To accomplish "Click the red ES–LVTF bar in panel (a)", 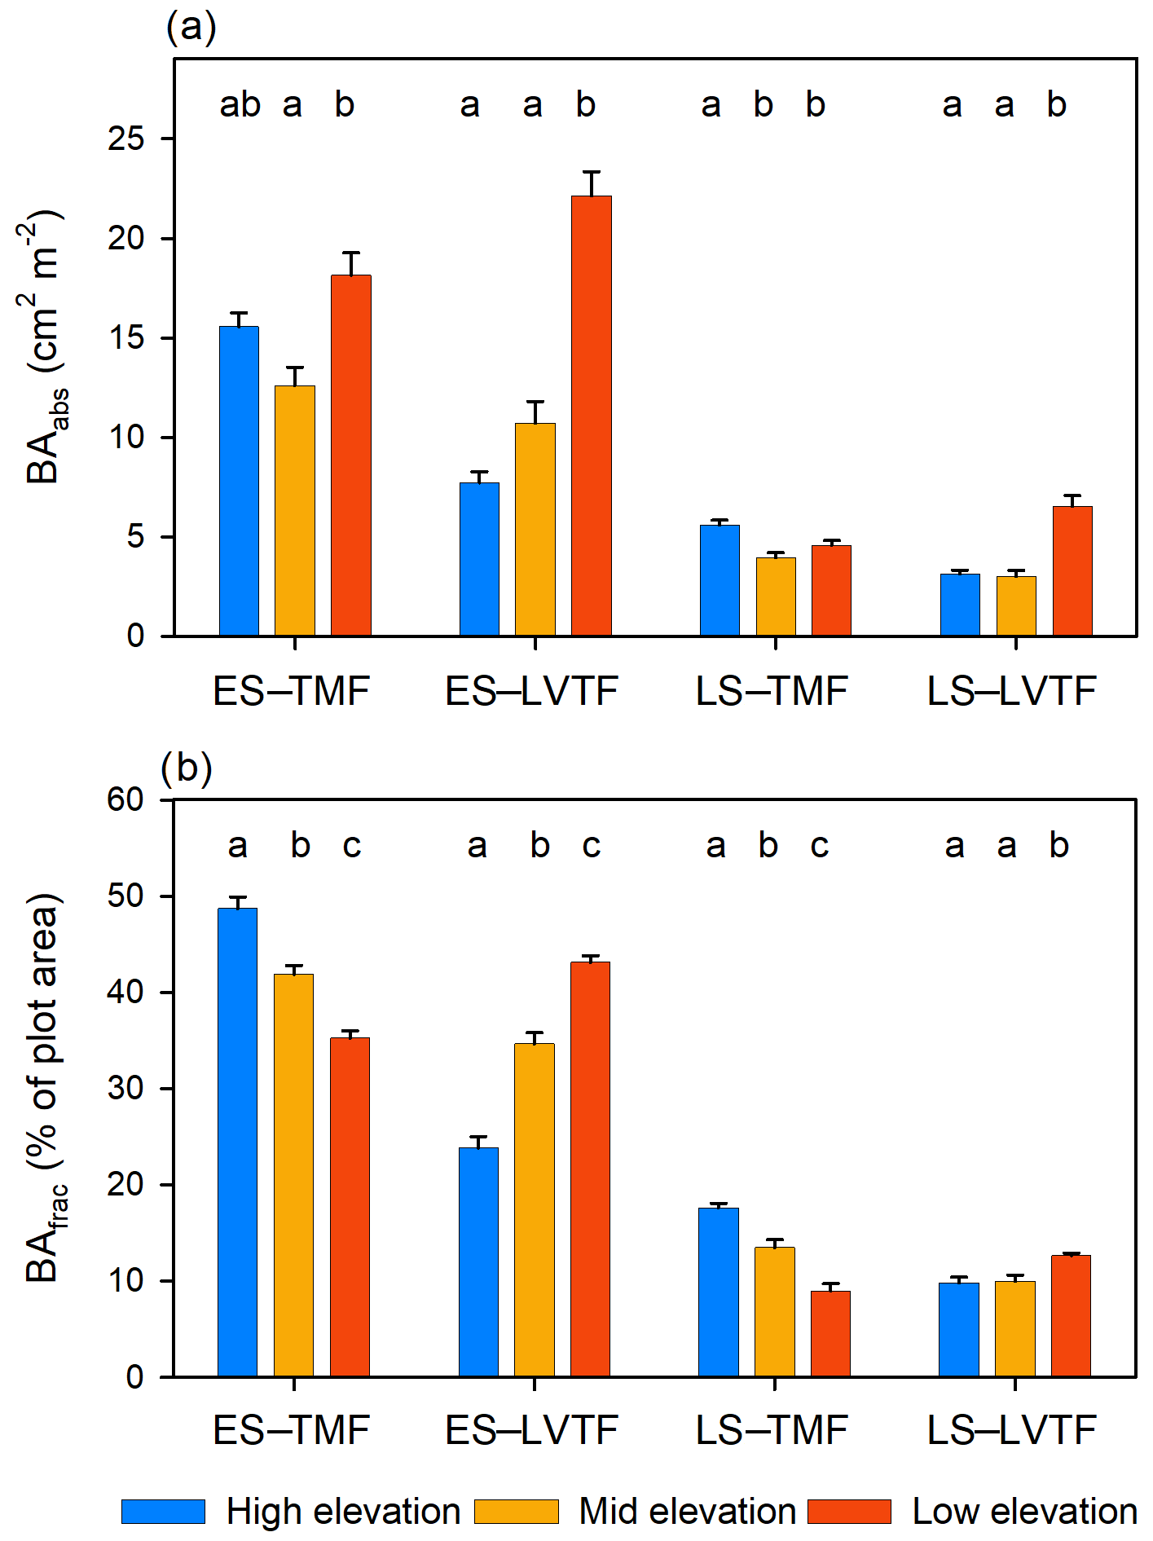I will (591, 416).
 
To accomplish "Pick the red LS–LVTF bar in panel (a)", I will (1072, 570).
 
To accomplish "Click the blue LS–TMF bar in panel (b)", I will (719, 1292).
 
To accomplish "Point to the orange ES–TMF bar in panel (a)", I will (295, 510).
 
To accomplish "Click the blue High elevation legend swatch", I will (163, 1512).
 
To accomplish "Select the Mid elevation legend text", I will (687, 1512).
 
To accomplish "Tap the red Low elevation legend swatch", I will (850, 1512).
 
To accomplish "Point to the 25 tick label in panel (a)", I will (126, 139).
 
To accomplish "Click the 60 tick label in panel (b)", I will (126, 800).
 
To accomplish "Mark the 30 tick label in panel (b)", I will (126, 1088).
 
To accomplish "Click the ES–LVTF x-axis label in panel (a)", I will (532, 692).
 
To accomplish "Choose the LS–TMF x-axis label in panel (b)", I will (772, 1430).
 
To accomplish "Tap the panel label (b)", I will (187, 768).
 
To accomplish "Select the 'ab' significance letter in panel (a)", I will (240, 104).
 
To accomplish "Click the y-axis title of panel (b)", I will (45, 1088).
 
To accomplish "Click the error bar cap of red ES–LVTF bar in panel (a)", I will (592, 172).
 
